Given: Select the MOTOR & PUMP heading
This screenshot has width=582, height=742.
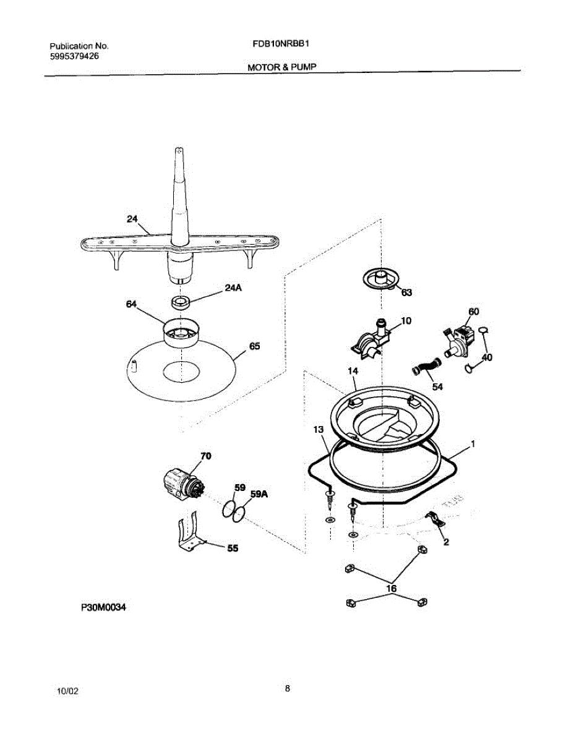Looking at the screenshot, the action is [x=282, y=67].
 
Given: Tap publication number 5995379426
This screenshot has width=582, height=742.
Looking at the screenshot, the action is [x=74, y=56].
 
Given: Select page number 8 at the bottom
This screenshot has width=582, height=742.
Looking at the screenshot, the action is [x=288, y=688].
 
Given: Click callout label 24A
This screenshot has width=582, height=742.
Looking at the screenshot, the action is [x=233, y=288].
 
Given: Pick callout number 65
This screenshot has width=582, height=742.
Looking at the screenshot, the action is [x=254, y=347].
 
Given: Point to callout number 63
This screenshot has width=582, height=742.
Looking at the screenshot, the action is [x=406, y=293].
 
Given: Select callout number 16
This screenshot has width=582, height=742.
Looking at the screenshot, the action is [x=391, y=589].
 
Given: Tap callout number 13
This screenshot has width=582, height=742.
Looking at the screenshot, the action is [x=318, y=429].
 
